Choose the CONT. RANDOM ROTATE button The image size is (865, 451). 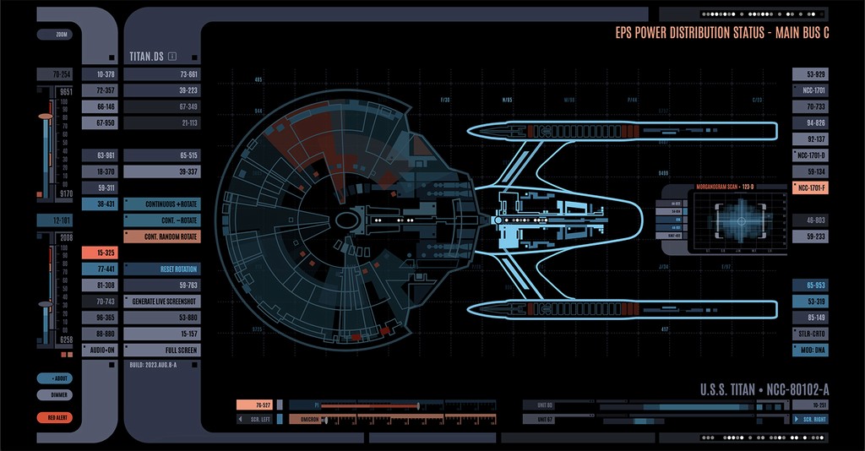[161, 236]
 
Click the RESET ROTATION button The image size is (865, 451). [161, 269]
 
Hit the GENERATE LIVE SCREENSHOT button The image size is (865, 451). [161, 301]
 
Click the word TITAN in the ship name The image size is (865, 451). [741, 389]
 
